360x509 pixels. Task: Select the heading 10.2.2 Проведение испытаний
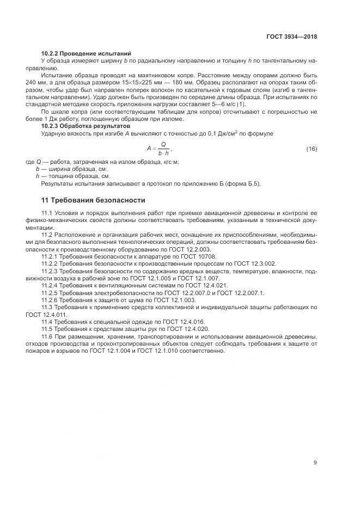86,53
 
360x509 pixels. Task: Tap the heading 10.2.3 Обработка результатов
86,126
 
